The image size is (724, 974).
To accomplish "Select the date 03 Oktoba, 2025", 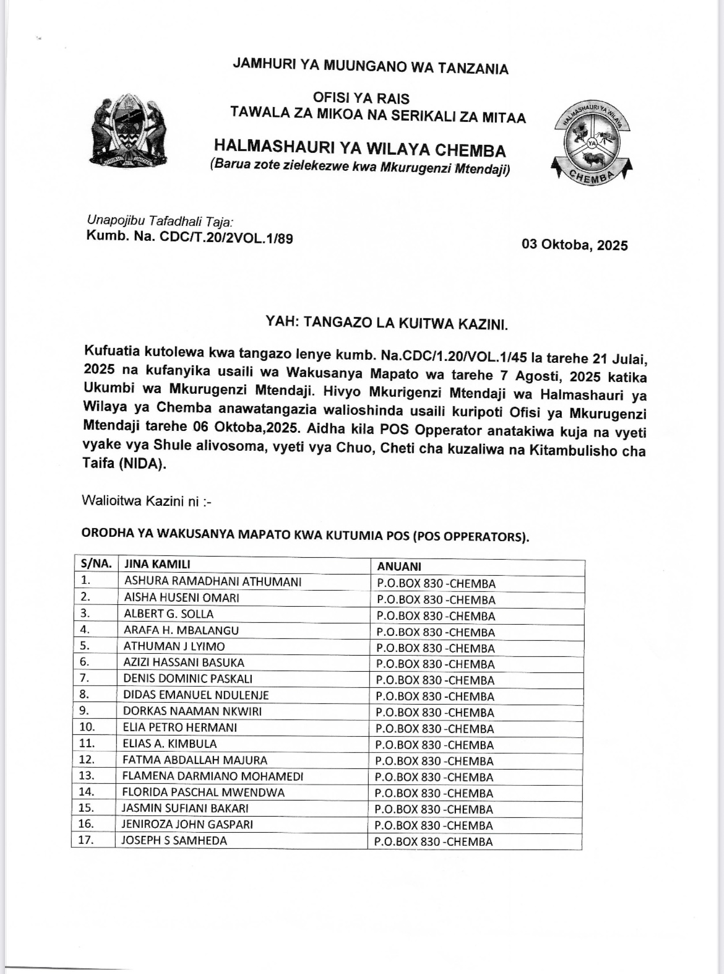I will click(x=574, y=245).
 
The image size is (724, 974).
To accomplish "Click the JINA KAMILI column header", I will click(x=157, y=564).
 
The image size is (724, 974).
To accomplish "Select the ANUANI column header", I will click(x=399, y=566).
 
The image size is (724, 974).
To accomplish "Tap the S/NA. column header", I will click(x=95, y=564).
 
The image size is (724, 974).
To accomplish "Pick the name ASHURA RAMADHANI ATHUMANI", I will click(x=213, y=581).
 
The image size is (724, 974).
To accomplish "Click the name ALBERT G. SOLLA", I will click(x=168, y=614).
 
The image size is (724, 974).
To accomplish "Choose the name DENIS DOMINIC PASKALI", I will click(x=187, y=679).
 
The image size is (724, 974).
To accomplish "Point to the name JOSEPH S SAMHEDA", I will click(x=175, y=840).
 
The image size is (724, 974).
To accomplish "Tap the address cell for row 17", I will click(x=434, y=841).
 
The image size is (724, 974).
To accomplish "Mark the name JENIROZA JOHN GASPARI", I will click(x=187, y=824).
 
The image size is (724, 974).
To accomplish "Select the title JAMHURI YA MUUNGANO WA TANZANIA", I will click(x=370, y=67).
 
